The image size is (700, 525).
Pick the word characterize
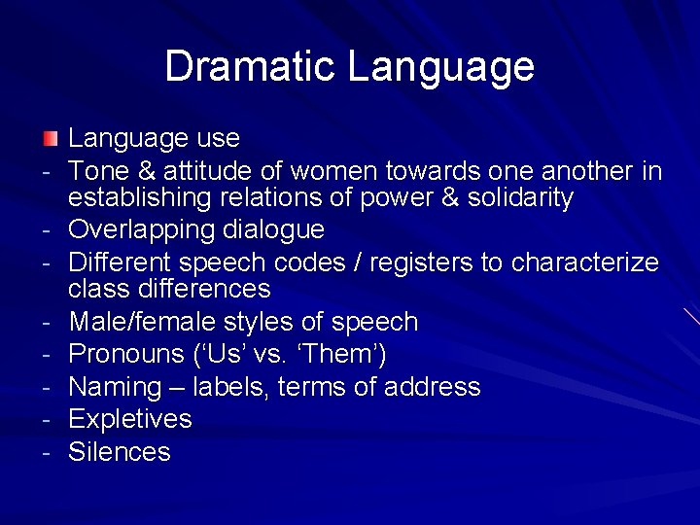585,262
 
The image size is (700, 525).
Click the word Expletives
130,420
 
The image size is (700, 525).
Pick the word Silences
119,452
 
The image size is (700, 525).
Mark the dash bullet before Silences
46,452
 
